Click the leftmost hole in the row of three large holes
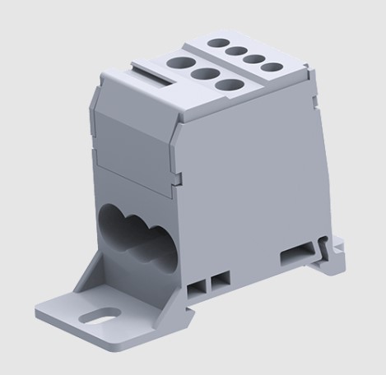[179, 59]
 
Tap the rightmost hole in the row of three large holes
[218, 84]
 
